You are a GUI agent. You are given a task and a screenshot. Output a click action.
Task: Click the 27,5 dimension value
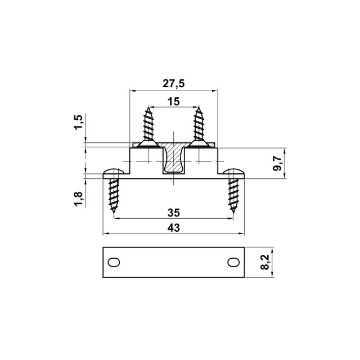point(174,84)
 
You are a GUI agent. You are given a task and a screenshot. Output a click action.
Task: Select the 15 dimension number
point(174,102)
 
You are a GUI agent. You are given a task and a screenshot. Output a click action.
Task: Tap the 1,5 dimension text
point(78,122)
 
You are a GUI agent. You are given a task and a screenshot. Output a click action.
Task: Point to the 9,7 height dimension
point(277,163)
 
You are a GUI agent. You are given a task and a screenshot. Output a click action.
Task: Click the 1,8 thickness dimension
point(78,199)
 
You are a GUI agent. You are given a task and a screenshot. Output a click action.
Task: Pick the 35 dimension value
point(174,213)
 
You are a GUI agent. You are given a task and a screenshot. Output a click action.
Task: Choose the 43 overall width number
point(174,228)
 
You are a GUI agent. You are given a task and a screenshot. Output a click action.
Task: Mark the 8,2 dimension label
point(265,262)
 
